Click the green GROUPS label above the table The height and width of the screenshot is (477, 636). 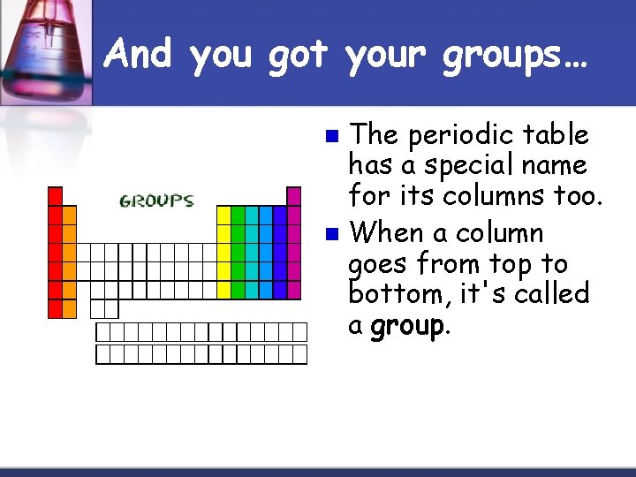point(156,201)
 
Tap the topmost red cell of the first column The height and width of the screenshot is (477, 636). point(55,195)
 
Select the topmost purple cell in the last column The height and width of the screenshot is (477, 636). point(294,195)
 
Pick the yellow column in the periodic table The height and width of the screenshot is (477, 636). point(223,252)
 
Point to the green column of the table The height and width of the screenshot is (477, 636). point(238,252)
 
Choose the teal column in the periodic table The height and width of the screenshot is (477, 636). point(252,252)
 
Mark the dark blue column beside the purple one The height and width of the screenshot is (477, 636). point(280,252)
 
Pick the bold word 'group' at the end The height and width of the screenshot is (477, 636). point(407,325)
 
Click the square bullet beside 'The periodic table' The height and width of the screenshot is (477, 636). point(331,137)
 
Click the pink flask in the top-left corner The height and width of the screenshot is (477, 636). point(40,44)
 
